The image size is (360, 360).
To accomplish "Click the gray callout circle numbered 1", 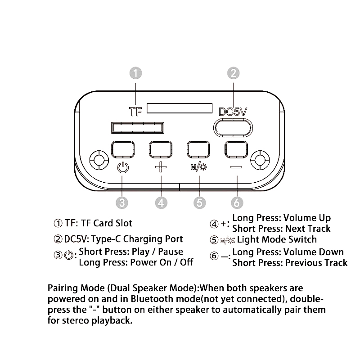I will (136, 73).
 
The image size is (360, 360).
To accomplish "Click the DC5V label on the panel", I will (233, 112).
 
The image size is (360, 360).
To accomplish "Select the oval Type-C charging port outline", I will (233, 127).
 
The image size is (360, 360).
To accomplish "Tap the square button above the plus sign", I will (161, 148).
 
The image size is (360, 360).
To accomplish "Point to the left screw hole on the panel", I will (98, 159).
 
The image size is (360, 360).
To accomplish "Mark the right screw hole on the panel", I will (261, 159).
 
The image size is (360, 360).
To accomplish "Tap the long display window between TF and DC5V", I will (180, 108).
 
